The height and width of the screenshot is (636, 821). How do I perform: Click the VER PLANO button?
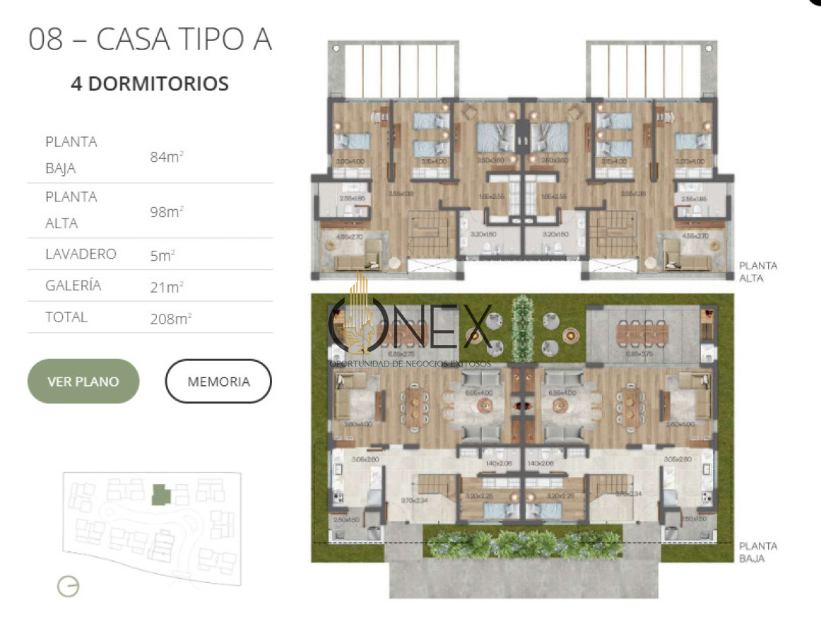click(83, 382)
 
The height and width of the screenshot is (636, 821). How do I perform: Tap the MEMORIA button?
click(218, 382)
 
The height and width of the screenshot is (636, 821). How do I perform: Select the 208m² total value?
click(170, 319)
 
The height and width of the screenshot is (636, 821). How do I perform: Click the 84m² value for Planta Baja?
click(167, 156)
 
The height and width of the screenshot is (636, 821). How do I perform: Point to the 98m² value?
click(167, 211)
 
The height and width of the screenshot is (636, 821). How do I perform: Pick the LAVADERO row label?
click(81, 254)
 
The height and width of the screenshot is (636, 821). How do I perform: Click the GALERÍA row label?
click(73, 285)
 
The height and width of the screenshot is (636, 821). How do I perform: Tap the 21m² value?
click(167, 287)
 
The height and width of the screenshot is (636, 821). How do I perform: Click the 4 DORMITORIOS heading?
click(150, 84)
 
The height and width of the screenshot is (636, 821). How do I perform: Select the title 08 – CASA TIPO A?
click(150, 40)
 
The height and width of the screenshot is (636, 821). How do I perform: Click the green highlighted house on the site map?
click(161, 494)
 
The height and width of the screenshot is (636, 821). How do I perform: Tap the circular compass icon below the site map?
click(69, 586)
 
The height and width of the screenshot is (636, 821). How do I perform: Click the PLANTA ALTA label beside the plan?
click(757, 272)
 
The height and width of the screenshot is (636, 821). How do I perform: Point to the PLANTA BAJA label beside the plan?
click(757, 552)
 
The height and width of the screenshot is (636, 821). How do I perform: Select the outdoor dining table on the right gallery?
click(642, 331)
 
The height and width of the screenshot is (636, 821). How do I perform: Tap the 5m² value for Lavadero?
click(162, 256)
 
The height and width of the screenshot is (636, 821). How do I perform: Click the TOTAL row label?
click(66, 317)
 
